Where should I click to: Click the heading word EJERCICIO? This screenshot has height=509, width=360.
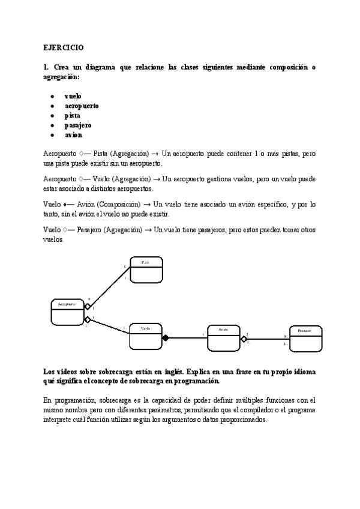click(x=64, y=46)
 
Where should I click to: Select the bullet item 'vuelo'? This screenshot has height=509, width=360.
click(x=73, y=96)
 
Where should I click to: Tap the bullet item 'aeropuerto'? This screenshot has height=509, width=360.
click(x=82, y=106)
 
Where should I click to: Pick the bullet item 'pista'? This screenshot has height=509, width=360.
click(x=73, y=115)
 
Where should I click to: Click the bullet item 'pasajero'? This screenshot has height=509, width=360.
click(x=78, y=125)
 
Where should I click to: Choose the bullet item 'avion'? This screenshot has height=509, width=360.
click(x=74, y=134)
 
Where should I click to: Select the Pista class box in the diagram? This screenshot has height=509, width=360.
click(x=145, y=270)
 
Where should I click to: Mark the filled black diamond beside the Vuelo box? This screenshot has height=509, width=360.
click(x=166, y=339)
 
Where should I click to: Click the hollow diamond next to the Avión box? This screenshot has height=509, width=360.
click(x=244, y=339)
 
